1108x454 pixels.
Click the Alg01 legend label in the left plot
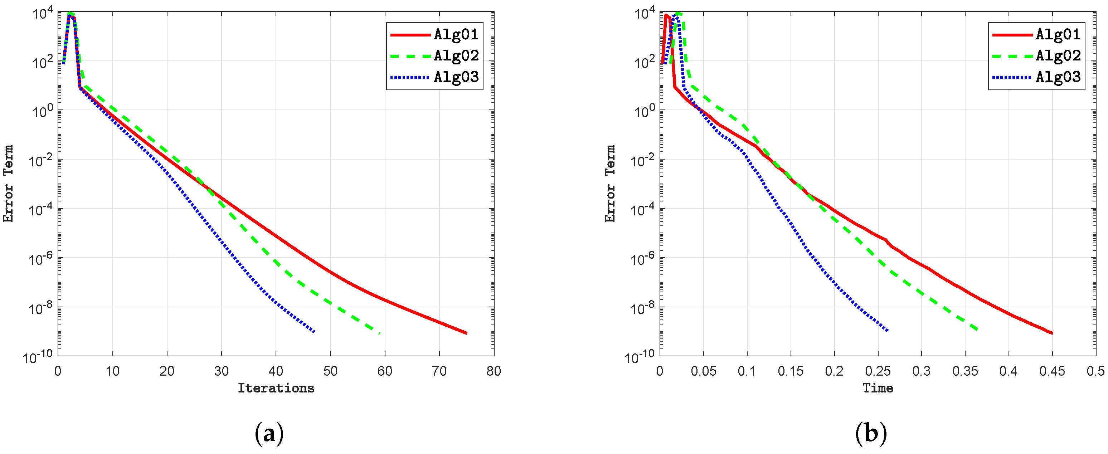(456, 34)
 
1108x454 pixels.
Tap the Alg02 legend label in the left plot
(456, 55)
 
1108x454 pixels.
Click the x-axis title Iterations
(276, 388)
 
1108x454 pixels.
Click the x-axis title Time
(878, 388)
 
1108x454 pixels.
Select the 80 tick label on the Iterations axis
(494, 371)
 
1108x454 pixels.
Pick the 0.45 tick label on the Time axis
(1052, 371)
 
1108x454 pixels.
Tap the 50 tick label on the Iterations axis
(330, 371)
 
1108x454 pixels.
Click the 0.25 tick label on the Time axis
(878, 371)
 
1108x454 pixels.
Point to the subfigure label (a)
(269, 433)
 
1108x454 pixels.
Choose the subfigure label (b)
(871, 433)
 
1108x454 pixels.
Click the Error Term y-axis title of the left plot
(9, 184)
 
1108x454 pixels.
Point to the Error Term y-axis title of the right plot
(610, 184)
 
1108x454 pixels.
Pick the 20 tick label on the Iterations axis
(167, 371)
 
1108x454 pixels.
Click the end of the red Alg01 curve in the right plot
(1052, 333)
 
